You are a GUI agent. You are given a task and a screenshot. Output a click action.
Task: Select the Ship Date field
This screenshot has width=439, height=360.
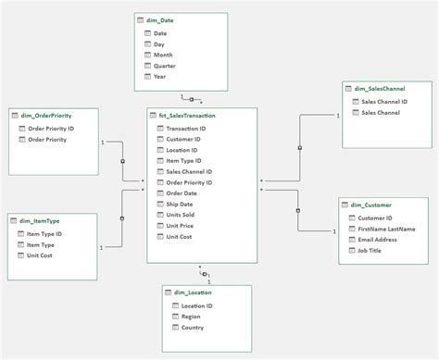(x=181, y=204)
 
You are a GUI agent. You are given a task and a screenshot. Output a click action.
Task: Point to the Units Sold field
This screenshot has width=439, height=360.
(x=182, y=215)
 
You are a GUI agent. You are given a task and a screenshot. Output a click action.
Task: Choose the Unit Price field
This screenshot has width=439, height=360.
(x=181, y=226)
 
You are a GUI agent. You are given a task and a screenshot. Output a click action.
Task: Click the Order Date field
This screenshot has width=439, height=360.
(x=182, y=192)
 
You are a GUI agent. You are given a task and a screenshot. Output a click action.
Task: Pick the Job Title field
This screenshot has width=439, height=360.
(x=370, y=250)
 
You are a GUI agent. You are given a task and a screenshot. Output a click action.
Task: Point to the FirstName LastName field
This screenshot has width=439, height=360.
(x=387, y=228)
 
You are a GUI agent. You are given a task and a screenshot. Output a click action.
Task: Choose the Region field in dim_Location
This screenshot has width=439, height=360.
(x=190, y=316)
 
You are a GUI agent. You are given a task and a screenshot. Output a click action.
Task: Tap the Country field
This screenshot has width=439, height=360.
(x=192, y=327)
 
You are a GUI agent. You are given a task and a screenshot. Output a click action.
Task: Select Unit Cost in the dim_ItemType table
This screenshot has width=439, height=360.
(x=41, y=254)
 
